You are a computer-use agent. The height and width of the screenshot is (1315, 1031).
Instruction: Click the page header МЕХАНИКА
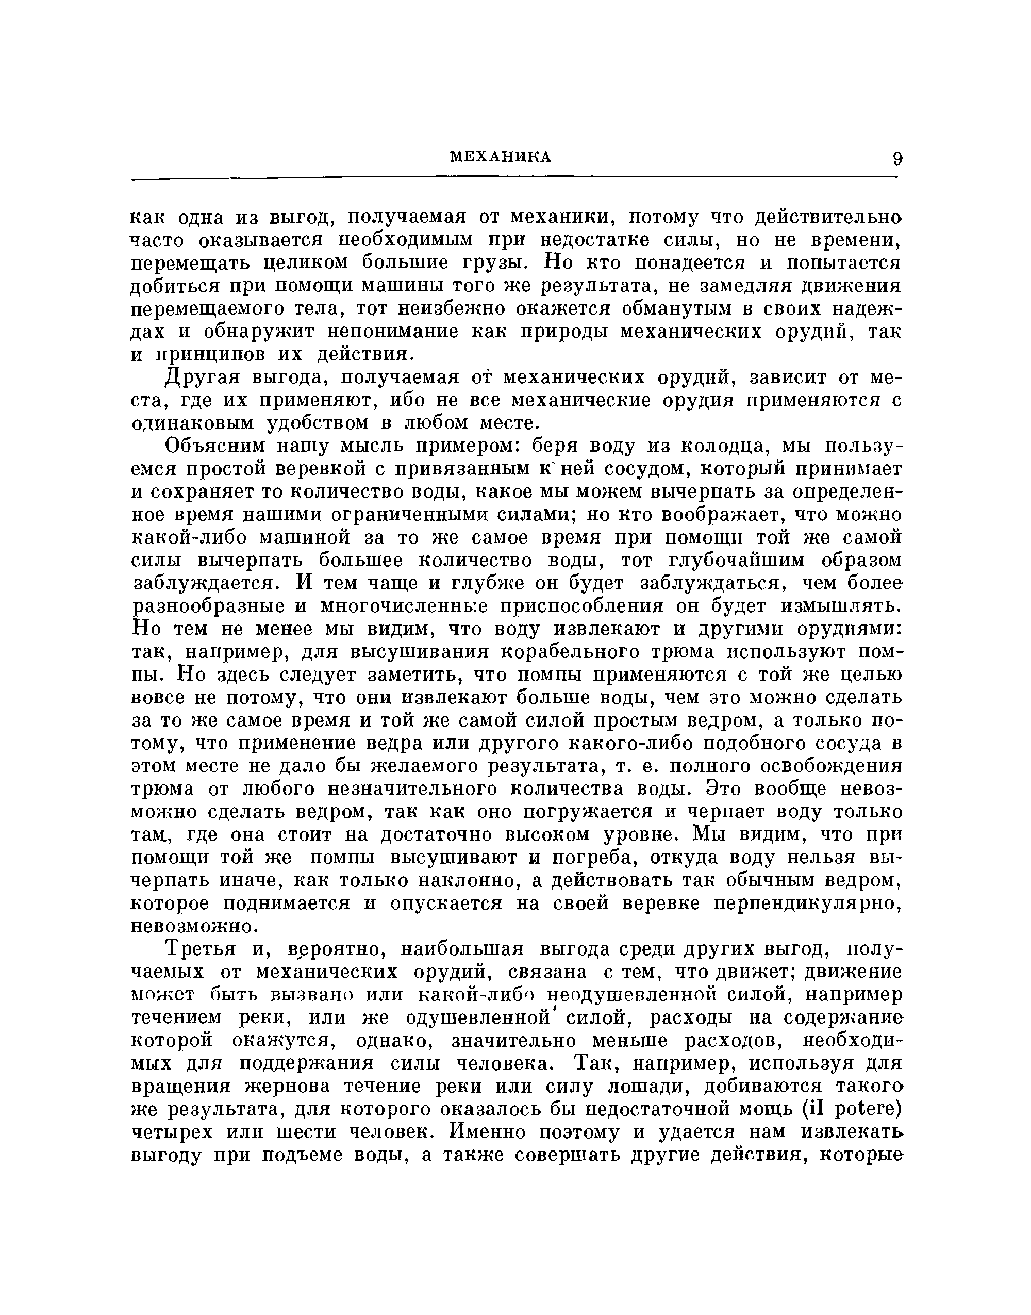pyautogui.click(x=501, y=157)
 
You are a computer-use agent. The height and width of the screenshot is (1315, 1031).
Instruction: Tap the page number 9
pyautogui.click(x=897, y=159)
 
